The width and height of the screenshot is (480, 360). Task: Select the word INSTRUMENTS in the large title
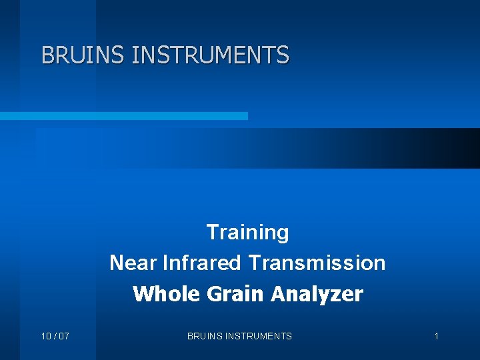click(x=211, y=55)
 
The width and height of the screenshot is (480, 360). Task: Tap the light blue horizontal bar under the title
click(x=123, y=116)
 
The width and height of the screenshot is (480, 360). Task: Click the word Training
click(x=247, y=233)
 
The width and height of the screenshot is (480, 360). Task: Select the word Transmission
click(x=317, y=263)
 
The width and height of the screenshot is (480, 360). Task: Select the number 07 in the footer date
click(x=63, y=336)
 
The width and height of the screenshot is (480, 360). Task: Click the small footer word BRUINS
click(x=204, y=336)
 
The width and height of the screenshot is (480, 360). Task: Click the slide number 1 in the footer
click(x=437, y=336)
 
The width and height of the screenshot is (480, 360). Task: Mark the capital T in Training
click(x=213, y=233)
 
